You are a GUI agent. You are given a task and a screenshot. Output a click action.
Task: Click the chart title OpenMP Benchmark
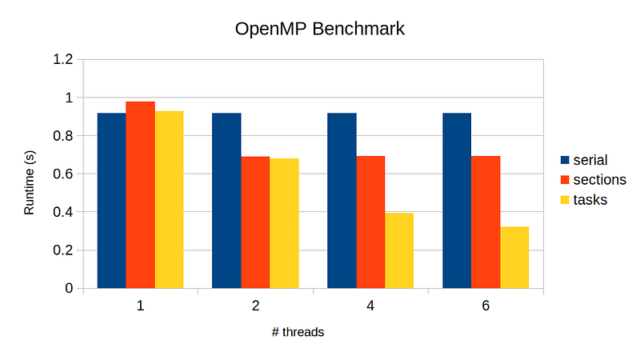[320, 30]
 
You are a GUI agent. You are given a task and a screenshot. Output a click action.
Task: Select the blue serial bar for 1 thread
[111, 200]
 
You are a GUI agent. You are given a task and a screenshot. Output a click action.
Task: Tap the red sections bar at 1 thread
[140, 194]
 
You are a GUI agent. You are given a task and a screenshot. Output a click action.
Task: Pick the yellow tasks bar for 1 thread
[169, 199]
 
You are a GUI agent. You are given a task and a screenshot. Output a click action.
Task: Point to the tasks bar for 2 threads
[284, 223]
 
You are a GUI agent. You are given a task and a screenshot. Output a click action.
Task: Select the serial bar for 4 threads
[342, 200]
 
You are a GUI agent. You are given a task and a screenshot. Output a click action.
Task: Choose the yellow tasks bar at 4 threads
[399, 250]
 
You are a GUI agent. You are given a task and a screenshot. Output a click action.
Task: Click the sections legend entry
[593, 179]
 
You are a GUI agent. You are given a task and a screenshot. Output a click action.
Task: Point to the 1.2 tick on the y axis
[63, 59]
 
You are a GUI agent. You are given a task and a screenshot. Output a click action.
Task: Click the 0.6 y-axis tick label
[63, 174]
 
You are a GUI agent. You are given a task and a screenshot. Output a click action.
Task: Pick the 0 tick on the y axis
[69, 288]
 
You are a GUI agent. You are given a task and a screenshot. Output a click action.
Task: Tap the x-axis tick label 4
[370, 306]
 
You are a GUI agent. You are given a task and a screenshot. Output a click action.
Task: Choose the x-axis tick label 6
[486, 306]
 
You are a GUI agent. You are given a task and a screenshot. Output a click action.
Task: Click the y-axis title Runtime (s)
[30, 182]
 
